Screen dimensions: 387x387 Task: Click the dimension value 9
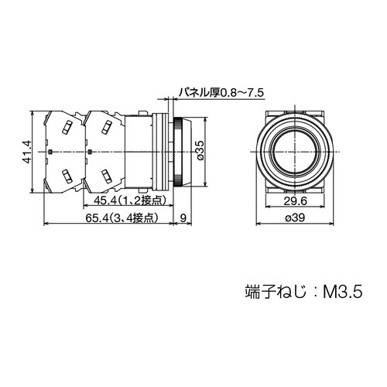click(183, 218)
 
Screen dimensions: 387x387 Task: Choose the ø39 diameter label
click(295, 218)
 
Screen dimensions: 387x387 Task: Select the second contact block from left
click(104, 152)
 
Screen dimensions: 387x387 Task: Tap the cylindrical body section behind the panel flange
click(139, 152)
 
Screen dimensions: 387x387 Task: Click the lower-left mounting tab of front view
click(269, 187)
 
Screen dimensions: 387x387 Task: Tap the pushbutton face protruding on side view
click(186, 152)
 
